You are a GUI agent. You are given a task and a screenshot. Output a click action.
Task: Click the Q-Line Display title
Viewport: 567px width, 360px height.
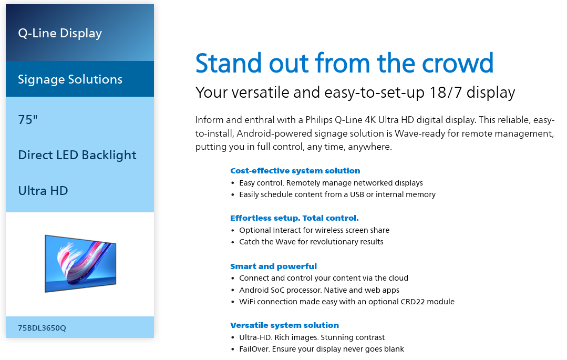pos(60,33)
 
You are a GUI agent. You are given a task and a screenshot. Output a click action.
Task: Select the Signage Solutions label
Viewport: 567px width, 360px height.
pos(70,79)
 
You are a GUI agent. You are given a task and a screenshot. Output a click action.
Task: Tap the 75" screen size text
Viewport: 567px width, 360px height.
pos(28,119)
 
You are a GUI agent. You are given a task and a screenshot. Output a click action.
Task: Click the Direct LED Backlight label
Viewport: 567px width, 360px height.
pos(77,155)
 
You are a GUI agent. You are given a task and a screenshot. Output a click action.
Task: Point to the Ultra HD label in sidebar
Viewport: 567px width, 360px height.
pos(43,191)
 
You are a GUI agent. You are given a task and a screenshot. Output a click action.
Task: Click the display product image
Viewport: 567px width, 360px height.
pos(80,263)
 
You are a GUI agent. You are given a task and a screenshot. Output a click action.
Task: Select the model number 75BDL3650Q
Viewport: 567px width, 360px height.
pos(42,328)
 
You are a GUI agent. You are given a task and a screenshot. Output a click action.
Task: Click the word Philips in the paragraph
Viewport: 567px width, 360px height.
pos(318,120)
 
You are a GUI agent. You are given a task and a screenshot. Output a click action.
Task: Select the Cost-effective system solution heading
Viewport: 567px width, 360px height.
pos(295,171)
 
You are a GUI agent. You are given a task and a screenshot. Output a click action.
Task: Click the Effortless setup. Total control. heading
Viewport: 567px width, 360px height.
pos(294,218)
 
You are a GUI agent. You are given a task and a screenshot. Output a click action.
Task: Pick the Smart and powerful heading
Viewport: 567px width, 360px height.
pos(273,266)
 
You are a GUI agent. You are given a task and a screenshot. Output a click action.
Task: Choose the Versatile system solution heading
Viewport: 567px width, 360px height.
pos(285,325)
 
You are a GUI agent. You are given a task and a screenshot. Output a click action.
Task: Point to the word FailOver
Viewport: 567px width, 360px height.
pos(254,349)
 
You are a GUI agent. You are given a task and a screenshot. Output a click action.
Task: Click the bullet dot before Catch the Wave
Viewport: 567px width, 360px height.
pos(233,242)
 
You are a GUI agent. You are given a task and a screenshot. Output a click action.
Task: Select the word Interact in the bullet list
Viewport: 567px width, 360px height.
pos(287,230)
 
